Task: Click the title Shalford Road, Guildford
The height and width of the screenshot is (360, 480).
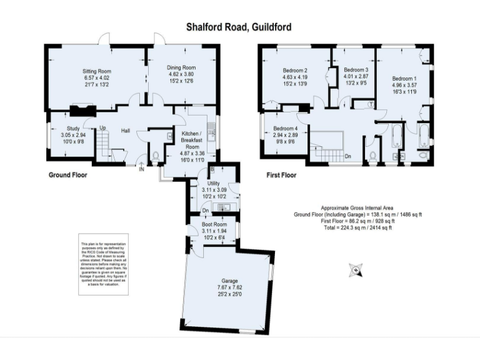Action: tap(239, 27)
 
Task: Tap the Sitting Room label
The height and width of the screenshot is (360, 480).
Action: tap(97, 72)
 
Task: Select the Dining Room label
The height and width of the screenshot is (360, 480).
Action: tap(181, 67)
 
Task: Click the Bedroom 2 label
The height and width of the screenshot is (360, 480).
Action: tap(295, 70)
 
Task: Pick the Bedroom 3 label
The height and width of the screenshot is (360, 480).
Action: tap(356, 70)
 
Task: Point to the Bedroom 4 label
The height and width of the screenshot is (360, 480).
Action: tap(285, 128)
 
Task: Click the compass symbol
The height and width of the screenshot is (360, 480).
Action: tap(356, 271)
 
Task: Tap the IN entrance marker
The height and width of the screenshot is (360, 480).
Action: tap(141, 168)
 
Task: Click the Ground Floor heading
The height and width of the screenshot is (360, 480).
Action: tap(68, 176)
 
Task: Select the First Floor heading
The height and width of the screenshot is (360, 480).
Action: tap(281, 176)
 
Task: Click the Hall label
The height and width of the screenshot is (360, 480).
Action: tap(125, 130)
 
